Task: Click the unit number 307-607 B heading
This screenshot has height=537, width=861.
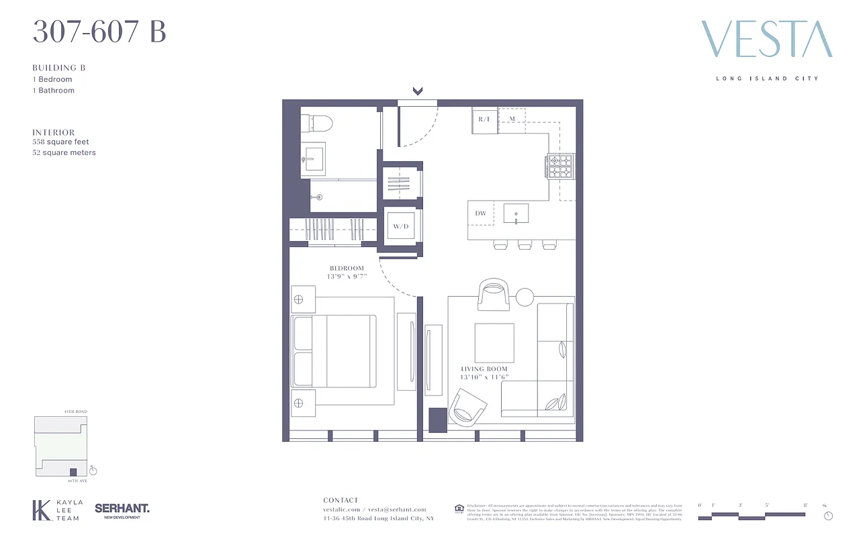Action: (x=99, y=32)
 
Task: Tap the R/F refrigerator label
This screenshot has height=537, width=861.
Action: (x=484, y=119)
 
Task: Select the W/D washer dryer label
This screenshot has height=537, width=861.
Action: (x=401, y=227)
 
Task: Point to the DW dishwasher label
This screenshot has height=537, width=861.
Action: (x=480, y=213)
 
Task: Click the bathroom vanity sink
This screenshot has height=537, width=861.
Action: (x=312, y=159)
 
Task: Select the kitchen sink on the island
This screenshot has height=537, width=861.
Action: (x=516, y=214)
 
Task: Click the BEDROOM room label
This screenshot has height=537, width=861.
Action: (x=347, y=268)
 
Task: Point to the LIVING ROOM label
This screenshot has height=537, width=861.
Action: (x=484, y=369)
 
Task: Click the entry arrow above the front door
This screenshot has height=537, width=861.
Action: (x=418, y=91)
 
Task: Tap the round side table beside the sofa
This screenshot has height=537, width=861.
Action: (x=524, y=296)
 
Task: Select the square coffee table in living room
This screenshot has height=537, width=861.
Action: (x=494, y=342)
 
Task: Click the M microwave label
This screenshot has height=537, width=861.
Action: (x=512, y=119)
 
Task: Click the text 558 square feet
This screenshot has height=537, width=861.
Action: (x=60, y=142)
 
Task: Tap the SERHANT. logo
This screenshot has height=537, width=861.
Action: (x=122, y=509)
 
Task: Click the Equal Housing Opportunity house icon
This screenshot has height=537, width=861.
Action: (x=459, y=507)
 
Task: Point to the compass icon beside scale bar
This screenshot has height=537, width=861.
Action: (x=828, y=516)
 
